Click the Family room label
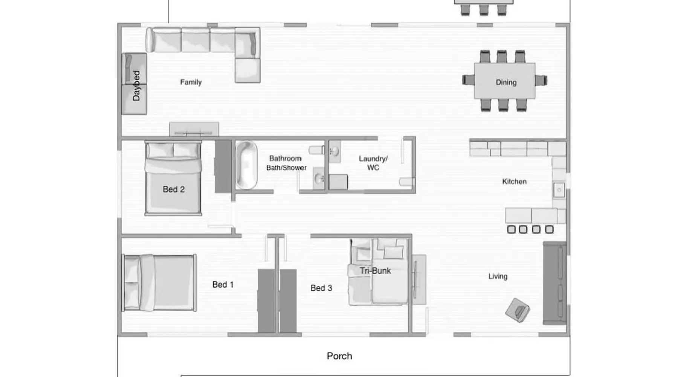tap(191, 82)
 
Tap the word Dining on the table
tap(506, 82)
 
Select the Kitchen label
tap(514, 181)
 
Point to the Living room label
tap(498, 276)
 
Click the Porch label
tap(339, 356)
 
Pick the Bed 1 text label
tap(223, 285)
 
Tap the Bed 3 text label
tap(321, 288)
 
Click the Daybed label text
tap(136, 86)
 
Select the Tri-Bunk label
tap(375, 271)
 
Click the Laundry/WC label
tap(373, 163)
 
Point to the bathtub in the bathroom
tap(246, 165)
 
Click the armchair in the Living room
tap(518, 310)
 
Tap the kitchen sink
tap(559, 190)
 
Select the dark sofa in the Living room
tap(554, 283)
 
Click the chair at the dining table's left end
tap(468, 80)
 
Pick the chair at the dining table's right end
tap(541, 80)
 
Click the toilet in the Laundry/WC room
tap(407, 182)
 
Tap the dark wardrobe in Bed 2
tap(223, 166)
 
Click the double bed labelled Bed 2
tap(173, 178)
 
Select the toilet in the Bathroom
tap(317, 150)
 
